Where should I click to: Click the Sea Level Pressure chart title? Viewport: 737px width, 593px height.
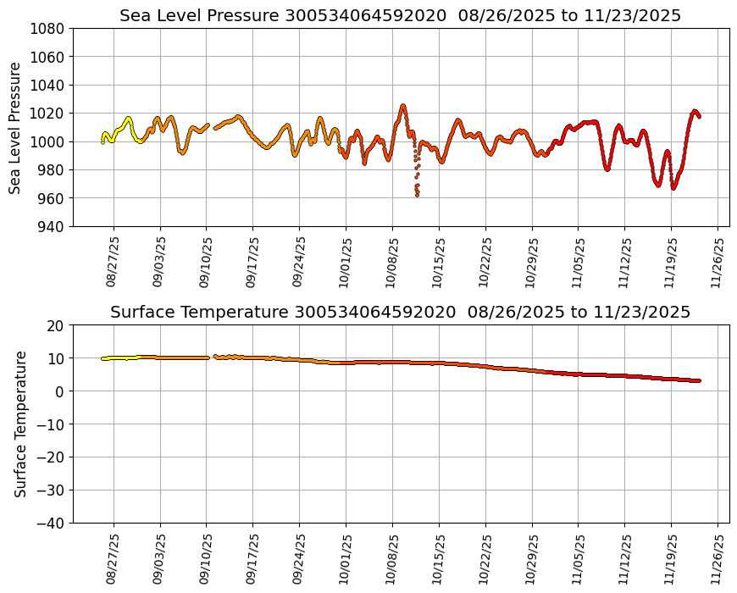pyautogui.click(x=400, y=15)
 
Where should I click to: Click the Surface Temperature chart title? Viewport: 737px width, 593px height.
pyautogui.click(x=400, y=312)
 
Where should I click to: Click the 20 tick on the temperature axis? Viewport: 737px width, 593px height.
pyautogui.click(x=57, y=325)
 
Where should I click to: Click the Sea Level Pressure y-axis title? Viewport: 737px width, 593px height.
pyautogui.click(x=16, y=128)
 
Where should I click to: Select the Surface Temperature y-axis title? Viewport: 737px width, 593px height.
pyautogui.click(x=20, y=424)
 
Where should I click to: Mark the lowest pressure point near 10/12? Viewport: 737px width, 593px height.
pyautogui.click(x=417, y=196)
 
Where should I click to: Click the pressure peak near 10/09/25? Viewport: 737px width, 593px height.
pyautogui.click(x=403, y=106)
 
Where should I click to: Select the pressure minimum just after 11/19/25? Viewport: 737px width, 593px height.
pyautogui.click(x=673, y=188)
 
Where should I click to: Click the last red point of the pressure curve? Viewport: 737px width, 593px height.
pyautogui.click(x=699, y=116)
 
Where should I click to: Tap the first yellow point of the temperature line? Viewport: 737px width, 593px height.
pyautogui.click(x=103, y=358)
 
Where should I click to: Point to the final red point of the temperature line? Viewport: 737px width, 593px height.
pyautogui.click(x=699, y=380)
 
